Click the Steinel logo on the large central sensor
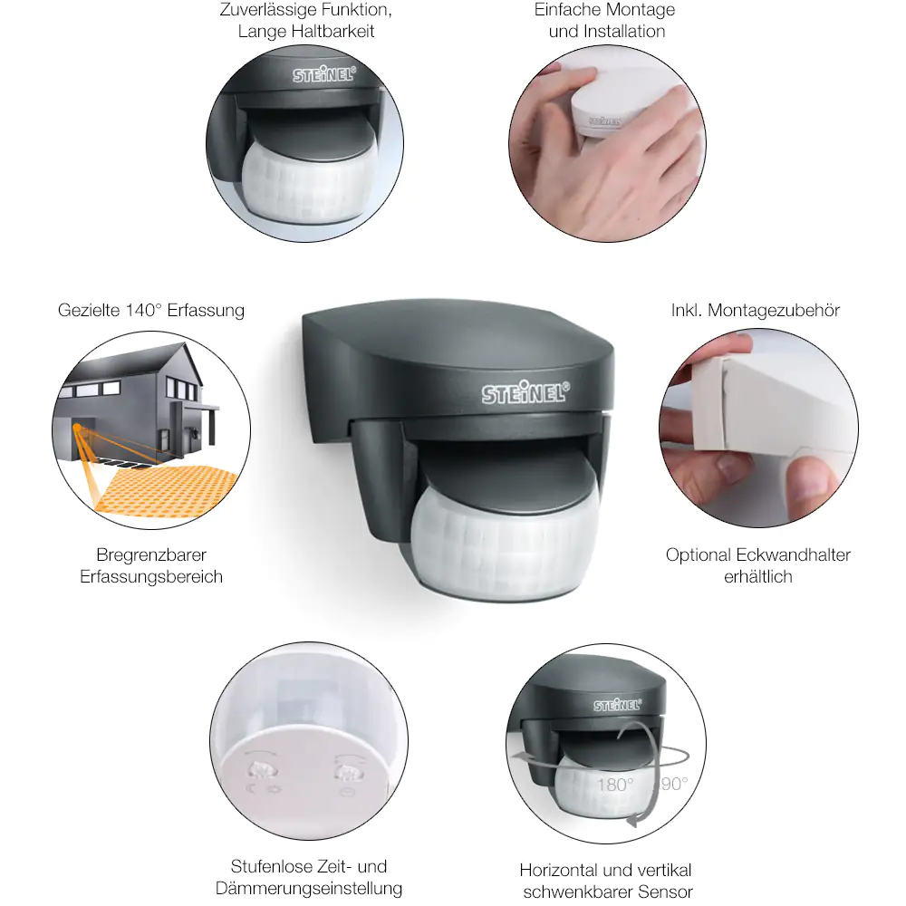(525, 392)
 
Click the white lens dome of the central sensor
(504, 540)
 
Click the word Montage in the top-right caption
(642, 10)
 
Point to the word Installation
(624, 31)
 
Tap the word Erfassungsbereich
(151, 576)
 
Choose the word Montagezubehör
(774, 310)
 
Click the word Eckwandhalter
(794, 554)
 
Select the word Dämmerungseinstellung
(309, 888)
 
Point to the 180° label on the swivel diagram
(615, 785)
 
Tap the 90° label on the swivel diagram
(674, 784)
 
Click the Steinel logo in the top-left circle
(323, 74)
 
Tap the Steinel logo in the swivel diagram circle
(618, 705)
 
